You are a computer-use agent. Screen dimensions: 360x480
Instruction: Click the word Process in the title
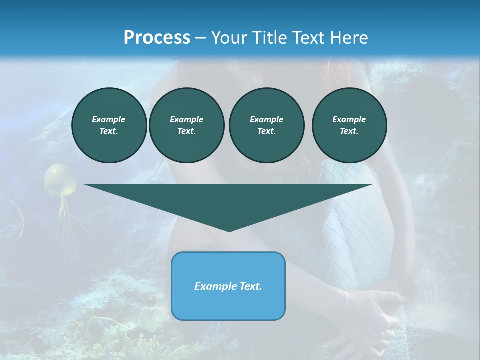click(x=157, y=38)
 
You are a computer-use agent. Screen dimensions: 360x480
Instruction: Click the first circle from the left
click(x=109, y=125)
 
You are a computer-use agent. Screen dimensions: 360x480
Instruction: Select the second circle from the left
click(x=186, y=125)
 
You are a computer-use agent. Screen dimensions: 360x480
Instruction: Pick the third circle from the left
click(x=266, y=125)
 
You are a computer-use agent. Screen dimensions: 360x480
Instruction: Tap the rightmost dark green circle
click(x=349, y=125)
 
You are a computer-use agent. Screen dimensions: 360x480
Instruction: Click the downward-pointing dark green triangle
click(x=228, y=200)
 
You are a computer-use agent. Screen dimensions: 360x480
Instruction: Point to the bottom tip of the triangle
click(x=229, y=231)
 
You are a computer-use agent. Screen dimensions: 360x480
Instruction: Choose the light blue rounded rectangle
click(x=228, y=300)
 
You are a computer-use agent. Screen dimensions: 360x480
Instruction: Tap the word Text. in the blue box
click(x=250, y=286)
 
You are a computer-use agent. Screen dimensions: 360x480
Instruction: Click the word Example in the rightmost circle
click(x=349, y=119)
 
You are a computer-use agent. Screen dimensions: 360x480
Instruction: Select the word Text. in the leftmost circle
click(x=108, y=131)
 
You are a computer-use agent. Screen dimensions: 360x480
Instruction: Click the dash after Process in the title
click(x=200, y=38)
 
